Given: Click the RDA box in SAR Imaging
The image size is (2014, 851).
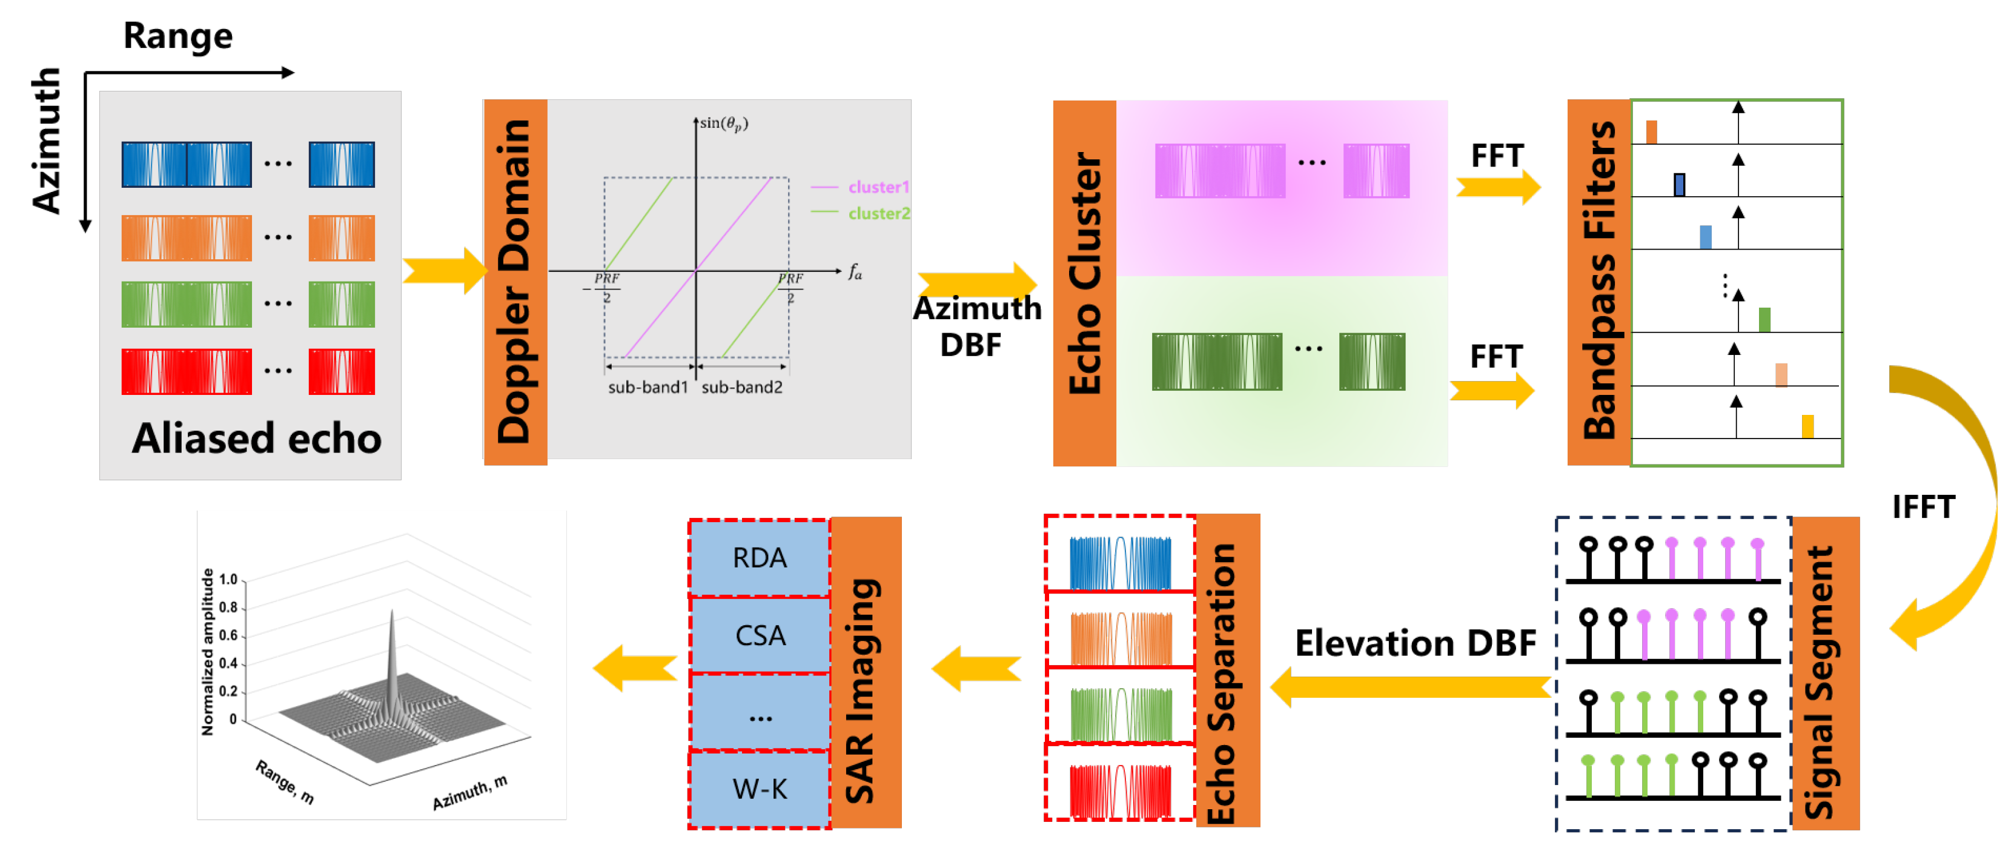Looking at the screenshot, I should (x=759, y=558).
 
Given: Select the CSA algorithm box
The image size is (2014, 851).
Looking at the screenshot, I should (x=759, y=635).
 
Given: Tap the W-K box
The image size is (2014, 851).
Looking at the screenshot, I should (x=759, y=789).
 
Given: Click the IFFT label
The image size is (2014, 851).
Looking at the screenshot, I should (x=1923, y=507).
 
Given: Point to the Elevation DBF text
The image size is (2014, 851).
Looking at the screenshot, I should (x=1415, y=643).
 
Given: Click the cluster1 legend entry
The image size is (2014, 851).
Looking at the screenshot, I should (x=878, y=187).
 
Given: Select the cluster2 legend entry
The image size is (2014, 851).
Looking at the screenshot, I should (x=878, y=213).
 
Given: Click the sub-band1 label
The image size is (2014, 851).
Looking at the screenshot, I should (x=648, y=387).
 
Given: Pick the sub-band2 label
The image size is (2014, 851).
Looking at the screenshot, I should (x=741, y=387).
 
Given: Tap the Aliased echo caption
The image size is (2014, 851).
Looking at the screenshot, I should (x=256, y=439).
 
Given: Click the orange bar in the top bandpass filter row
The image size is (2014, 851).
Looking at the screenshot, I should (x=1651, y=132).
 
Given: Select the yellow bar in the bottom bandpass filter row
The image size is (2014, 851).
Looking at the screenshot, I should (x=1807, y=426).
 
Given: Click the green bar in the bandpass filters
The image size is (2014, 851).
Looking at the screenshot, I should (x=1764, y=320).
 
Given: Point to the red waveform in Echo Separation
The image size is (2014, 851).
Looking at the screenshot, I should (x=1121, y=791).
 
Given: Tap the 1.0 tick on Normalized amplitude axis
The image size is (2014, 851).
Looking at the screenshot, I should (x=228, y=580).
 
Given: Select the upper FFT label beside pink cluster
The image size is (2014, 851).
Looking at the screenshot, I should (x=1497, y=156).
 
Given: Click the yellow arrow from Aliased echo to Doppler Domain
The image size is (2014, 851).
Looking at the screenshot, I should (x=444, y=270).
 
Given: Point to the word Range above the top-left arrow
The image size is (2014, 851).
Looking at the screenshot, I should (x=178, y=36).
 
